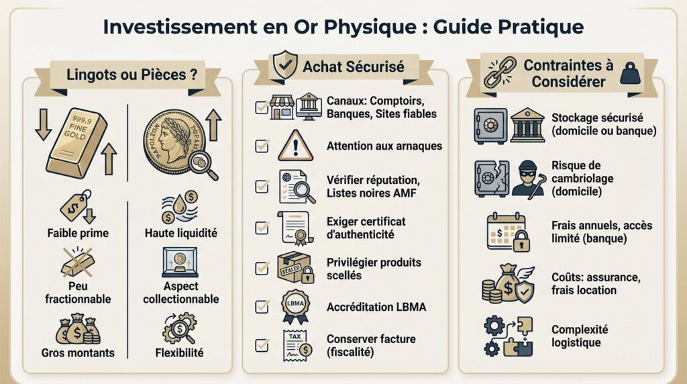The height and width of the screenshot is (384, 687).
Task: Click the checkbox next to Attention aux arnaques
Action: (x=262, y=145)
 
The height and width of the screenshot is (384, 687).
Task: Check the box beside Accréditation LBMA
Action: (x=262, y=306)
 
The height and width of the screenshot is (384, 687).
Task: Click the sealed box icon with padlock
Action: (x=294, y=267)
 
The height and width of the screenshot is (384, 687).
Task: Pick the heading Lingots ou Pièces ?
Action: (x=127, y=75)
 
